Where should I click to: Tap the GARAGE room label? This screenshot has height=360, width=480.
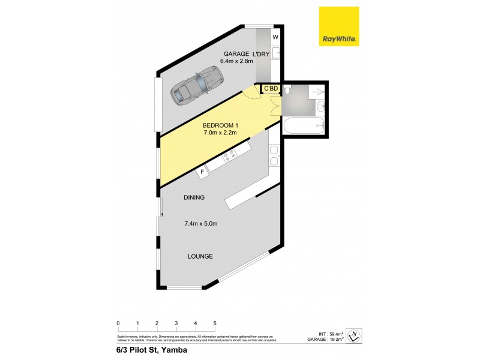tap(236, 53)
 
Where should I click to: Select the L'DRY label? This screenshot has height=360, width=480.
tap(265, 53)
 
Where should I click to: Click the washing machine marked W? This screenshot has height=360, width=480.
tap(275, 37)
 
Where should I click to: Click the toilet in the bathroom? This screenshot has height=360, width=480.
tap(288, 91)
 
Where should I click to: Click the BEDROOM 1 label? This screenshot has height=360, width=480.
tap(220, 125)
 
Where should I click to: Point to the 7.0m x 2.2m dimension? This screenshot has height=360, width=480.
tap(220, 133)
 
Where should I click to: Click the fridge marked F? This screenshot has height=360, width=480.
tap(203, 172)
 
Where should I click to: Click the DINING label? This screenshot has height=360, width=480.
tap(194, 197)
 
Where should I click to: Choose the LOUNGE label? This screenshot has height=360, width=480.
tap(200, 256)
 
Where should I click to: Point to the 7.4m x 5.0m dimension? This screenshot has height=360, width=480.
tap(200, 224)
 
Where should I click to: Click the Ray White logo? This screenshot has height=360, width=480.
tap(339, 27)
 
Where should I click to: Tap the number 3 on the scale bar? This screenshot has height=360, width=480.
tap(176, 323)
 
